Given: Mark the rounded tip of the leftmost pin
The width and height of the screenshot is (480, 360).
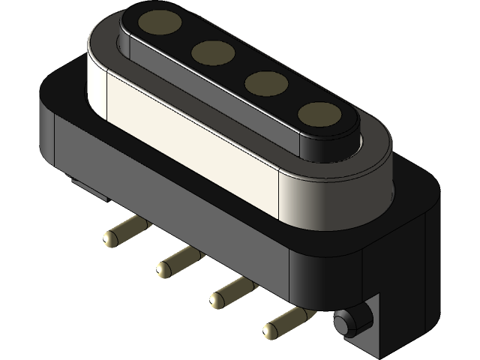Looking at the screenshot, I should click(111, 238).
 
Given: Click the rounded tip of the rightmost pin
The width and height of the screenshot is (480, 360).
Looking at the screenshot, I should click(271, 328).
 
